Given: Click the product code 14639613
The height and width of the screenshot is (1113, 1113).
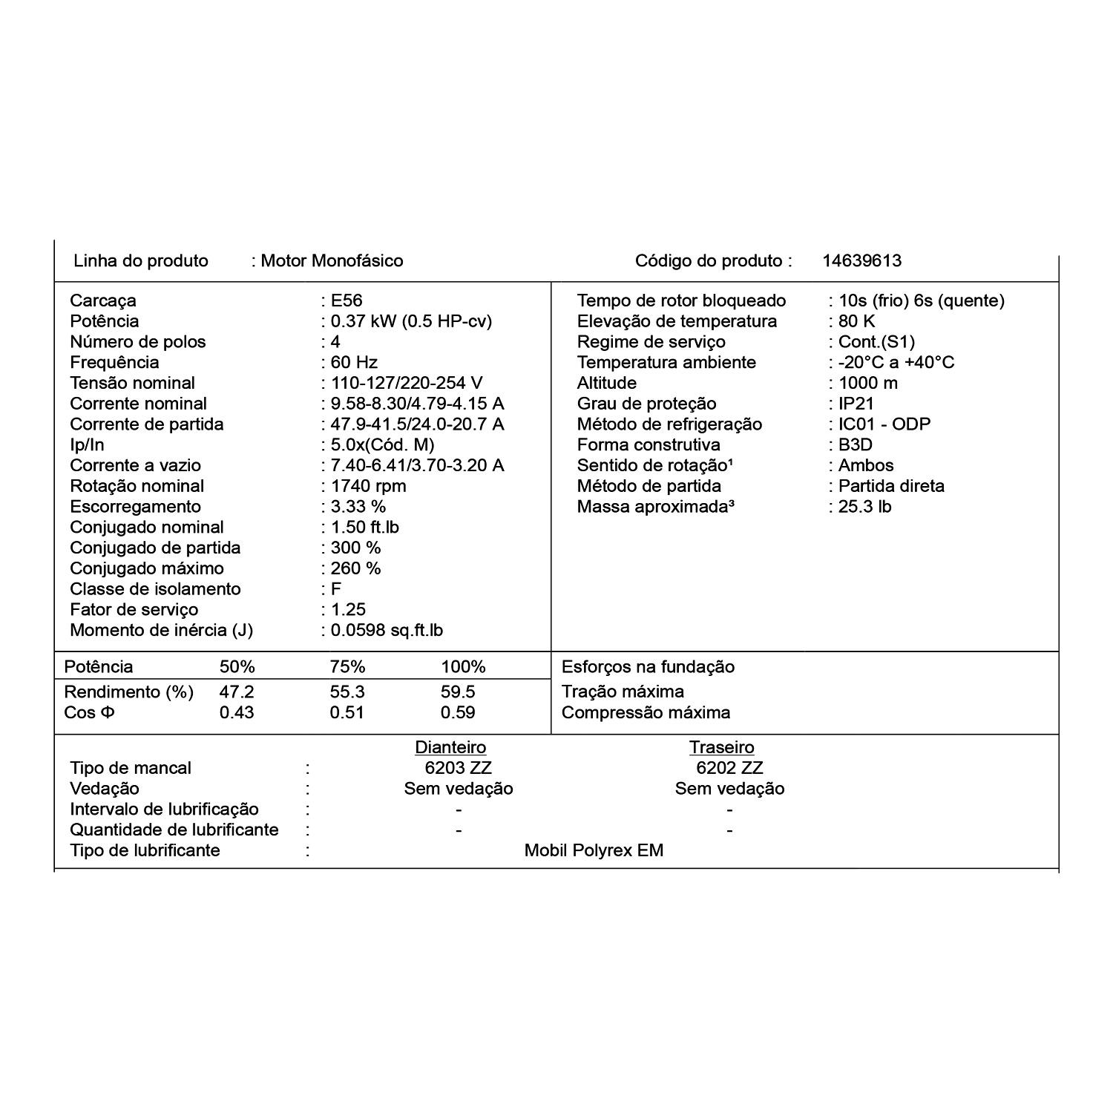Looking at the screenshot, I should click(861, 260).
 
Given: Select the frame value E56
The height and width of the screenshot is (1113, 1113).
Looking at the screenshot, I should click(347, 301).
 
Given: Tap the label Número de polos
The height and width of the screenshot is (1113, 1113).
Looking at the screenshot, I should click(137, 342).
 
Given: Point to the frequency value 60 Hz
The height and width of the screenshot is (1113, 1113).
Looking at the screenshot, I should click(354, 363).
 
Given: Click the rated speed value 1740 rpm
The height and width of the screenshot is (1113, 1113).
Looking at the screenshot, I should click(368, 486).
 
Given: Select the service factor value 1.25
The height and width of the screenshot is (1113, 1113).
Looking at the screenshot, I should click(348, 610).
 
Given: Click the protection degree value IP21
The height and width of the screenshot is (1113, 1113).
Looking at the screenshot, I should click(856, 404).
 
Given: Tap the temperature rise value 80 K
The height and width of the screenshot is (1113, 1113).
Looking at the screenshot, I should click(856, 321).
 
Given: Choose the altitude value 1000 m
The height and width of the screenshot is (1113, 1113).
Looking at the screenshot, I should click(867, 383).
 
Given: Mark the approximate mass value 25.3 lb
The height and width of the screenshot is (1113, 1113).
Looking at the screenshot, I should click(864, 507).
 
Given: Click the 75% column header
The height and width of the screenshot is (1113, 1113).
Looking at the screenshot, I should click(347, 666).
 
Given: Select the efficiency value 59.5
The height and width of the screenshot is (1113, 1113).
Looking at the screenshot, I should click(458, 692).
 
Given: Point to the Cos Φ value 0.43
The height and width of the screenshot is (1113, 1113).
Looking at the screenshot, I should click(237, 712).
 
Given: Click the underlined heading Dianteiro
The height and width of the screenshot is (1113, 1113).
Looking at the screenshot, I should click(450, 747).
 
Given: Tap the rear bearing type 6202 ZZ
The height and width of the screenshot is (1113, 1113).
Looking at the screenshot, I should click(729, 768).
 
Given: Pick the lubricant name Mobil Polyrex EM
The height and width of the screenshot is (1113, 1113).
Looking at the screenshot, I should click(594, 850).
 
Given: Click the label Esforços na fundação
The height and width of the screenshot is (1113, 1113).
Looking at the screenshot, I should click(648, 666).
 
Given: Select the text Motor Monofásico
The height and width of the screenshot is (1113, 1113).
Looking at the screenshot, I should click(332, 260).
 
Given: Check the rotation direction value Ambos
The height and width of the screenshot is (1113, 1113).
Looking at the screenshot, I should click(866, 465).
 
